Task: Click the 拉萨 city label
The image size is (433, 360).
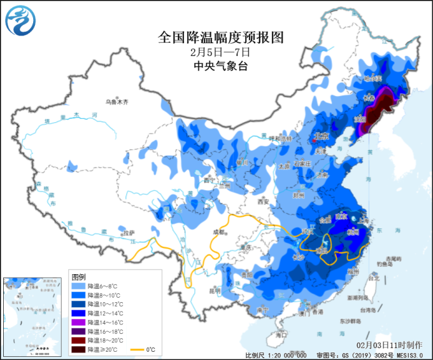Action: (x=129, y=232)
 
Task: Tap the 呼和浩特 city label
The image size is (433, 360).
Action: (x=281, y=138)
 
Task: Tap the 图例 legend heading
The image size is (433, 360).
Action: (x=78, y=277)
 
